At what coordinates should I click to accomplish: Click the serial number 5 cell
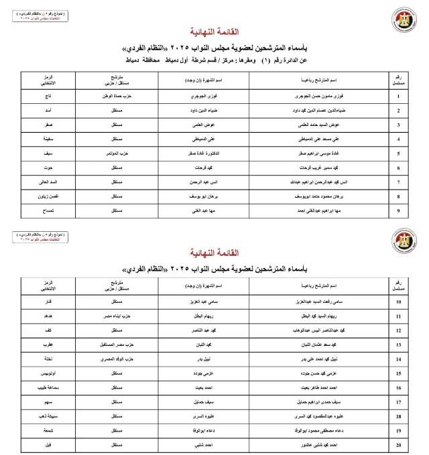399,153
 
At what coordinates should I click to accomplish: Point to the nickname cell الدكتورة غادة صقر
208,153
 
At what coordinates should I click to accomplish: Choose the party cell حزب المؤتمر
124,153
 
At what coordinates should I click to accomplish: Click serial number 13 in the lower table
399,344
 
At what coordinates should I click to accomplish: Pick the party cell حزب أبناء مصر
124,316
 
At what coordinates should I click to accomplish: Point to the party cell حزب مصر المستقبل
123,344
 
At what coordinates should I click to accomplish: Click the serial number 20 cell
399,444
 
